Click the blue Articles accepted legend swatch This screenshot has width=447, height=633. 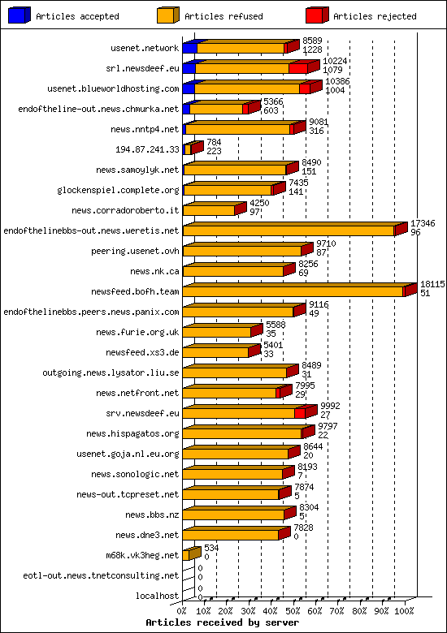pos(19,15)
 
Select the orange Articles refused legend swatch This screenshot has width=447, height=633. pos(167,15)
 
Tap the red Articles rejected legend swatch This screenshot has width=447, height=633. pos(316,15)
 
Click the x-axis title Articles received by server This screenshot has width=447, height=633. pos(222,622)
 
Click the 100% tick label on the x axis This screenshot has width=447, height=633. pos(404,610)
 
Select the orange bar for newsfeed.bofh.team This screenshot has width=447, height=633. pos(293,291)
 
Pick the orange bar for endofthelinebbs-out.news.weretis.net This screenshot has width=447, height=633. pos(289,230)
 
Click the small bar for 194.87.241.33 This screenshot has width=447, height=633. pos(189,149)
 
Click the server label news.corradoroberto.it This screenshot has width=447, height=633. pos(125,210)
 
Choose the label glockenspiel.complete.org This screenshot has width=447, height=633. pos(118,190)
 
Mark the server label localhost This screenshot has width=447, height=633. pos(158,596)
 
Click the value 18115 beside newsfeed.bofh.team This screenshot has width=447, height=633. pos(432,283)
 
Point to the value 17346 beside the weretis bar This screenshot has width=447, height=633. pos(422,222)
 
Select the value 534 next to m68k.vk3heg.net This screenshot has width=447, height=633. pos(211,548)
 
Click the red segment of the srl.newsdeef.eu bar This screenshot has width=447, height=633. pos(297,68)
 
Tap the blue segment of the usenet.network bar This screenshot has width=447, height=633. pos(189,49)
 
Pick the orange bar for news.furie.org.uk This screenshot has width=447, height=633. pos(216,332)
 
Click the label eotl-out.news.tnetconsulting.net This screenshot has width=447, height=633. pos(101,575)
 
